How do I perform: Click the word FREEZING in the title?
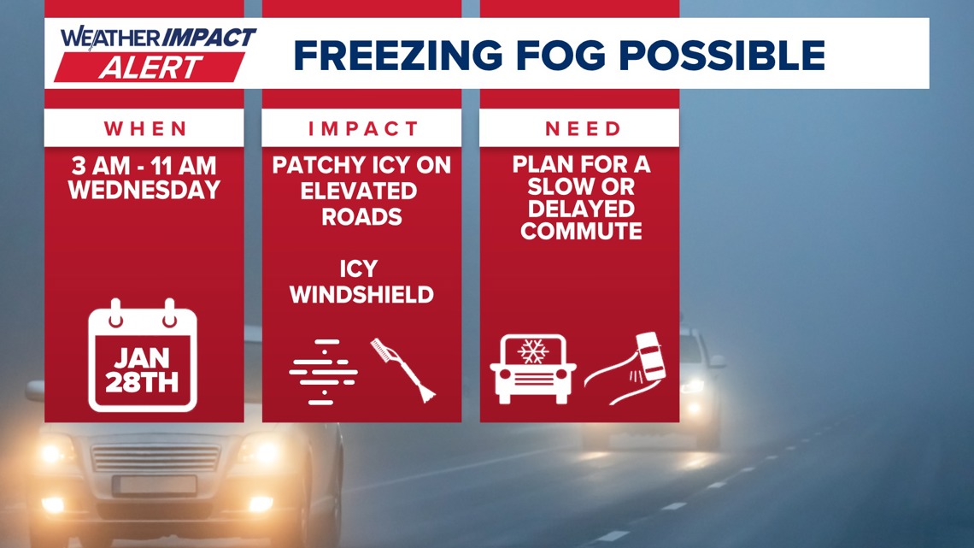[x=399, y=56]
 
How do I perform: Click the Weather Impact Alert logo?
[x=156, y=53]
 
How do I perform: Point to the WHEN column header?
[x=144, y=128]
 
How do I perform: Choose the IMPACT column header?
[x=361, y=128]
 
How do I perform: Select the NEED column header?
[x=579, y=128]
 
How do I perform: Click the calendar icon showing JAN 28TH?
[x=144, y=356]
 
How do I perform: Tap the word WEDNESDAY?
[x=144, y=190]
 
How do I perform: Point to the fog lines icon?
[x=323, y=372]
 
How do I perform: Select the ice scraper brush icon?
[x=402, y=369]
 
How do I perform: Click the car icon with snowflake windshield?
[x=533, y=368]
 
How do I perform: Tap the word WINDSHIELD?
[x=361, y=295]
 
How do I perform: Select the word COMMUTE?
[x=581, y=231]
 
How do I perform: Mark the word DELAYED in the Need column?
[x=581, y=209]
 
